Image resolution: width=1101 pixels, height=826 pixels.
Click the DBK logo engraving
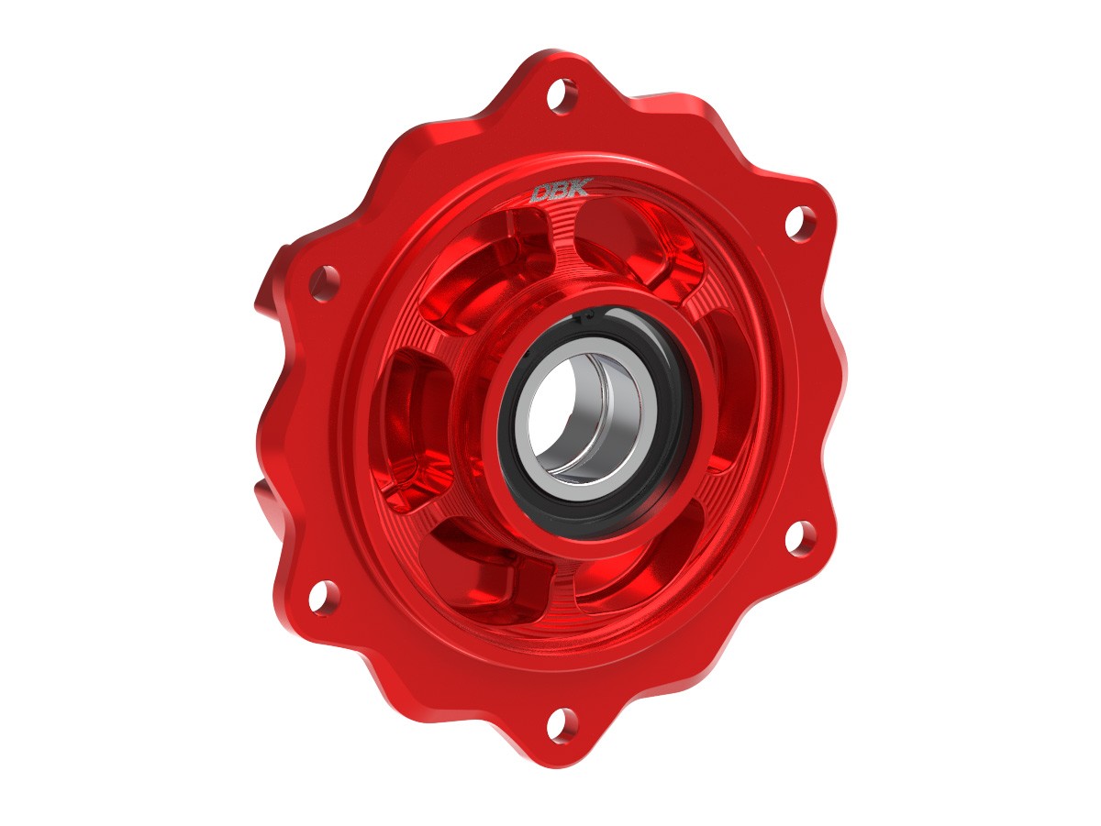554,193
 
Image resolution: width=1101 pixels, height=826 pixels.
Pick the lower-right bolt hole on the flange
800,537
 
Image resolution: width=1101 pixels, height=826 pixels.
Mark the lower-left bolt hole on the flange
322,597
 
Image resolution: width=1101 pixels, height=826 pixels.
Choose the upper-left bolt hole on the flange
322,282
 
